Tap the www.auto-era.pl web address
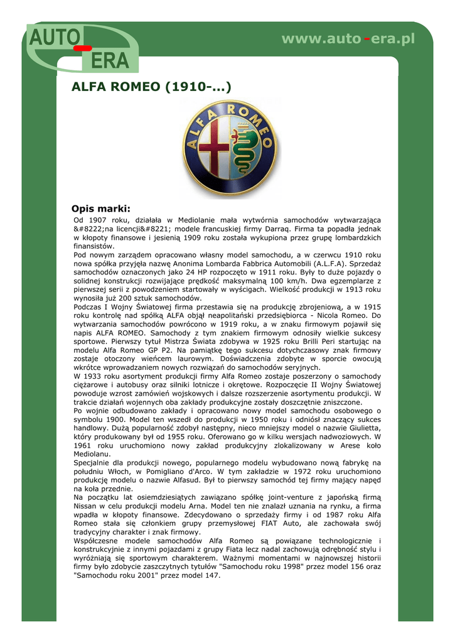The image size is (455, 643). pyautogui.click(x=348, y=39)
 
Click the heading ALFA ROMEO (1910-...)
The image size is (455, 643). pyautogui.click(x=152, y=87)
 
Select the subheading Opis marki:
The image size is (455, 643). pyautogui.click(x=101, y=208)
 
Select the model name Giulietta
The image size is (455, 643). pyautogui.click(x=363, y=428)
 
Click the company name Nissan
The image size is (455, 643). pyautogui.click(x=87, y=505)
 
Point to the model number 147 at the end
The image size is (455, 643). pyautogui.click(x=211, y=575)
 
